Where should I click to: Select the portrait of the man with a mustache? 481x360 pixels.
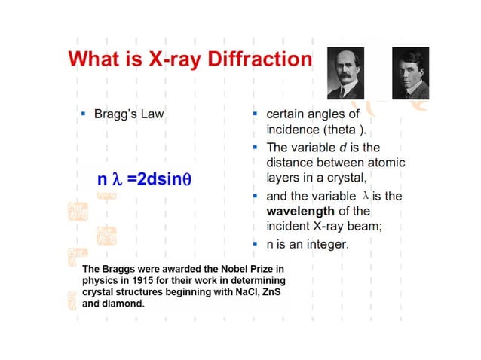coord(345,72)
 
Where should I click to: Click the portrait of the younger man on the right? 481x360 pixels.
coord(410,72)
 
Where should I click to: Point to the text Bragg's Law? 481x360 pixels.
coord(128,114)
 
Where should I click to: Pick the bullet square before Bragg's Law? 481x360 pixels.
coord(83,114)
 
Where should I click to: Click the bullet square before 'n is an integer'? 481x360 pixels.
coord(256,244)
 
